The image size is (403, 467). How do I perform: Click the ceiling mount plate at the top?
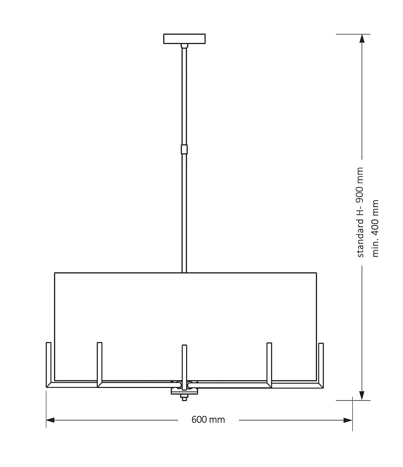(x=184, y=38)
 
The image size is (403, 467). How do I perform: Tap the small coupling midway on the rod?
(x=184, y=149)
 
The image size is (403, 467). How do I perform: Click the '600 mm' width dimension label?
(x=208, y=420)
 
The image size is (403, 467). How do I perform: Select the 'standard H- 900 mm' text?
(x=360, y=212)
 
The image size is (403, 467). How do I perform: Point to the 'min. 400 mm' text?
(x=376, y=228)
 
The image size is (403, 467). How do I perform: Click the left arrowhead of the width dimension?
(x=51, y=420)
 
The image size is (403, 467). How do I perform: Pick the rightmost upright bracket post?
(x=321, y=363)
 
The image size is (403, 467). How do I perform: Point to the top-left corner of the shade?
(x=55, y=273)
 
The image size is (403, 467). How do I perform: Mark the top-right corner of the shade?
(x=316, y=273)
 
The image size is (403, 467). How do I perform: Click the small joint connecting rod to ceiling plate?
(x=184, y=46)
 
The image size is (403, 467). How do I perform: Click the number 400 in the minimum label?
(x=376, y=223)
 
